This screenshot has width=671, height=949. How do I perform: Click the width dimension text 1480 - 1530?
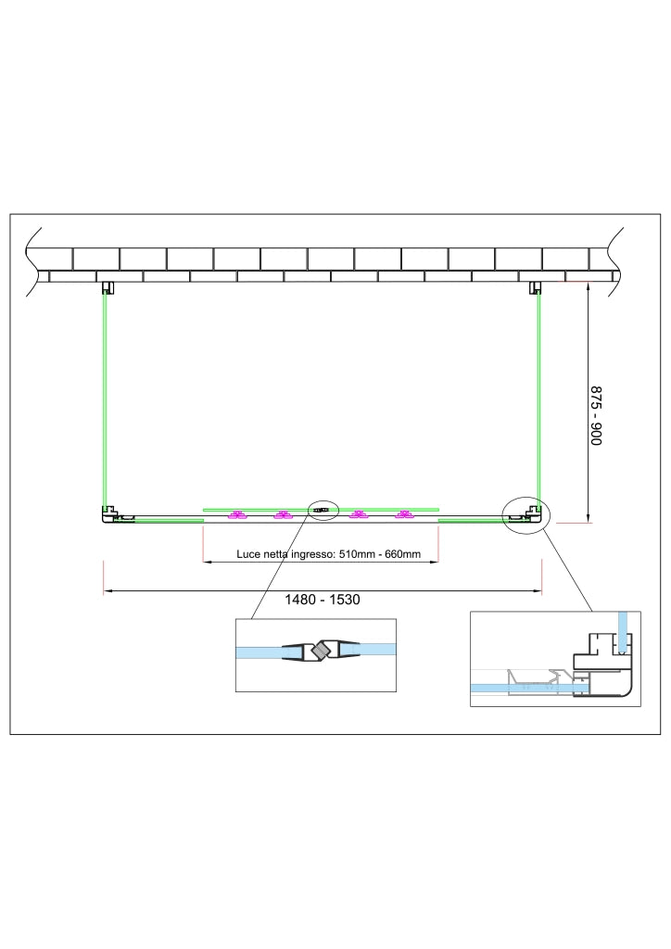323,600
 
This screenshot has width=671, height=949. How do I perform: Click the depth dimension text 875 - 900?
596,416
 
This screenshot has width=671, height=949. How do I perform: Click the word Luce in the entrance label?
247,554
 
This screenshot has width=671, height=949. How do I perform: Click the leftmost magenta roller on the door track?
236,515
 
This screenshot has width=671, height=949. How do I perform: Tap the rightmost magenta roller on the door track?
403,515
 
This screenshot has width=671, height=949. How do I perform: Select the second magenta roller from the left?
283,515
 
